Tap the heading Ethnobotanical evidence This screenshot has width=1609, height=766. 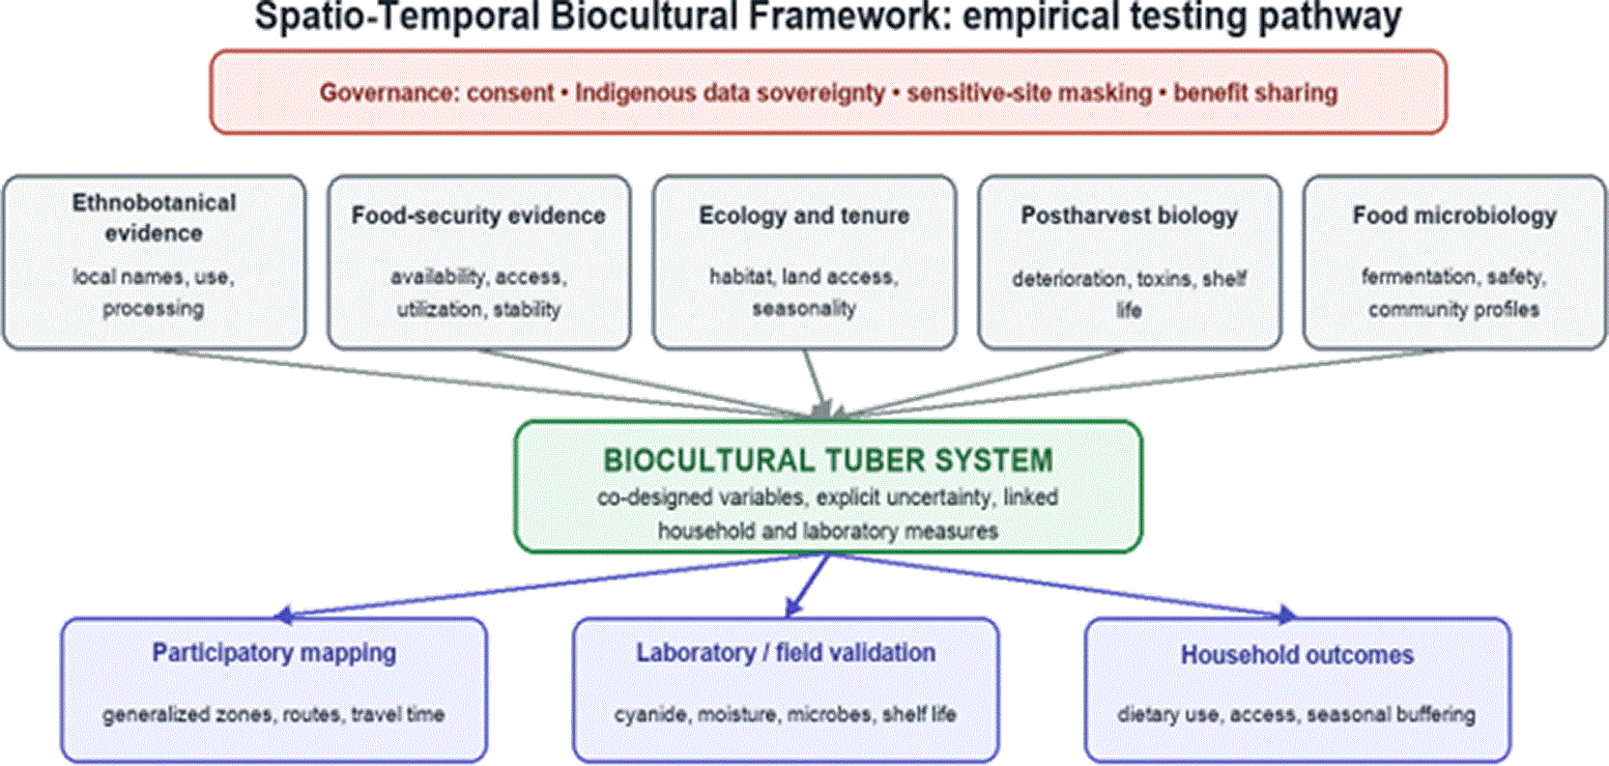(x=154, y=217)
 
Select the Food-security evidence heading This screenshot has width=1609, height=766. (x=478, y=215)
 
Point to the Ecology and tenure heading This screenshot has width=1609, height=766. (x=804, y=215)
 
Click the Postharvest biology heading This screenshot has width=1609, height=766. (x=1130, y=215)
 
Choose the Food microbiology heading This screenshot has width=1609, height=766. (x=1454, y=215)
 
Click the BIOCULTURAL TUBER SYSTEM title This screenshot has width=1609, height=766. (x=828, y=460)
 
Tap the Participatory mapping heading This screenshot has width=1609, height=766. (x=274, y=653)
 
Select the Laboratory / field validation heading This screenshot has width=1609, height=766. (x=786, y=653)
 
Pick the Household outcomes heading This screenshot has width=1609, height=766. (x=1297, y=655)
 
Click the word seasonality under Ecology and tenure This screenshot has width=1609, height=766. (x=804, y=309)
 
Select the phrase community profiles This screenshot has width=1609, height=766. (x=1453, y=309)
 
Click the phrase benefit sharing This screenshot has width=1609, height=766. (x=1255, y=94)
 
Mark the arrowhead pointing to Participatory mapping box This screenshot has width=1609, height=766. (x=285, y=614)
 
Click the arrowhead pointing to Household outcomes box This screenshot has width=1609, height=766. (x=1286, y=614)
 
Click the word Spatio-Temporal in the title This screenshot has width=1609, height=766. (x=397, y=17)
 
